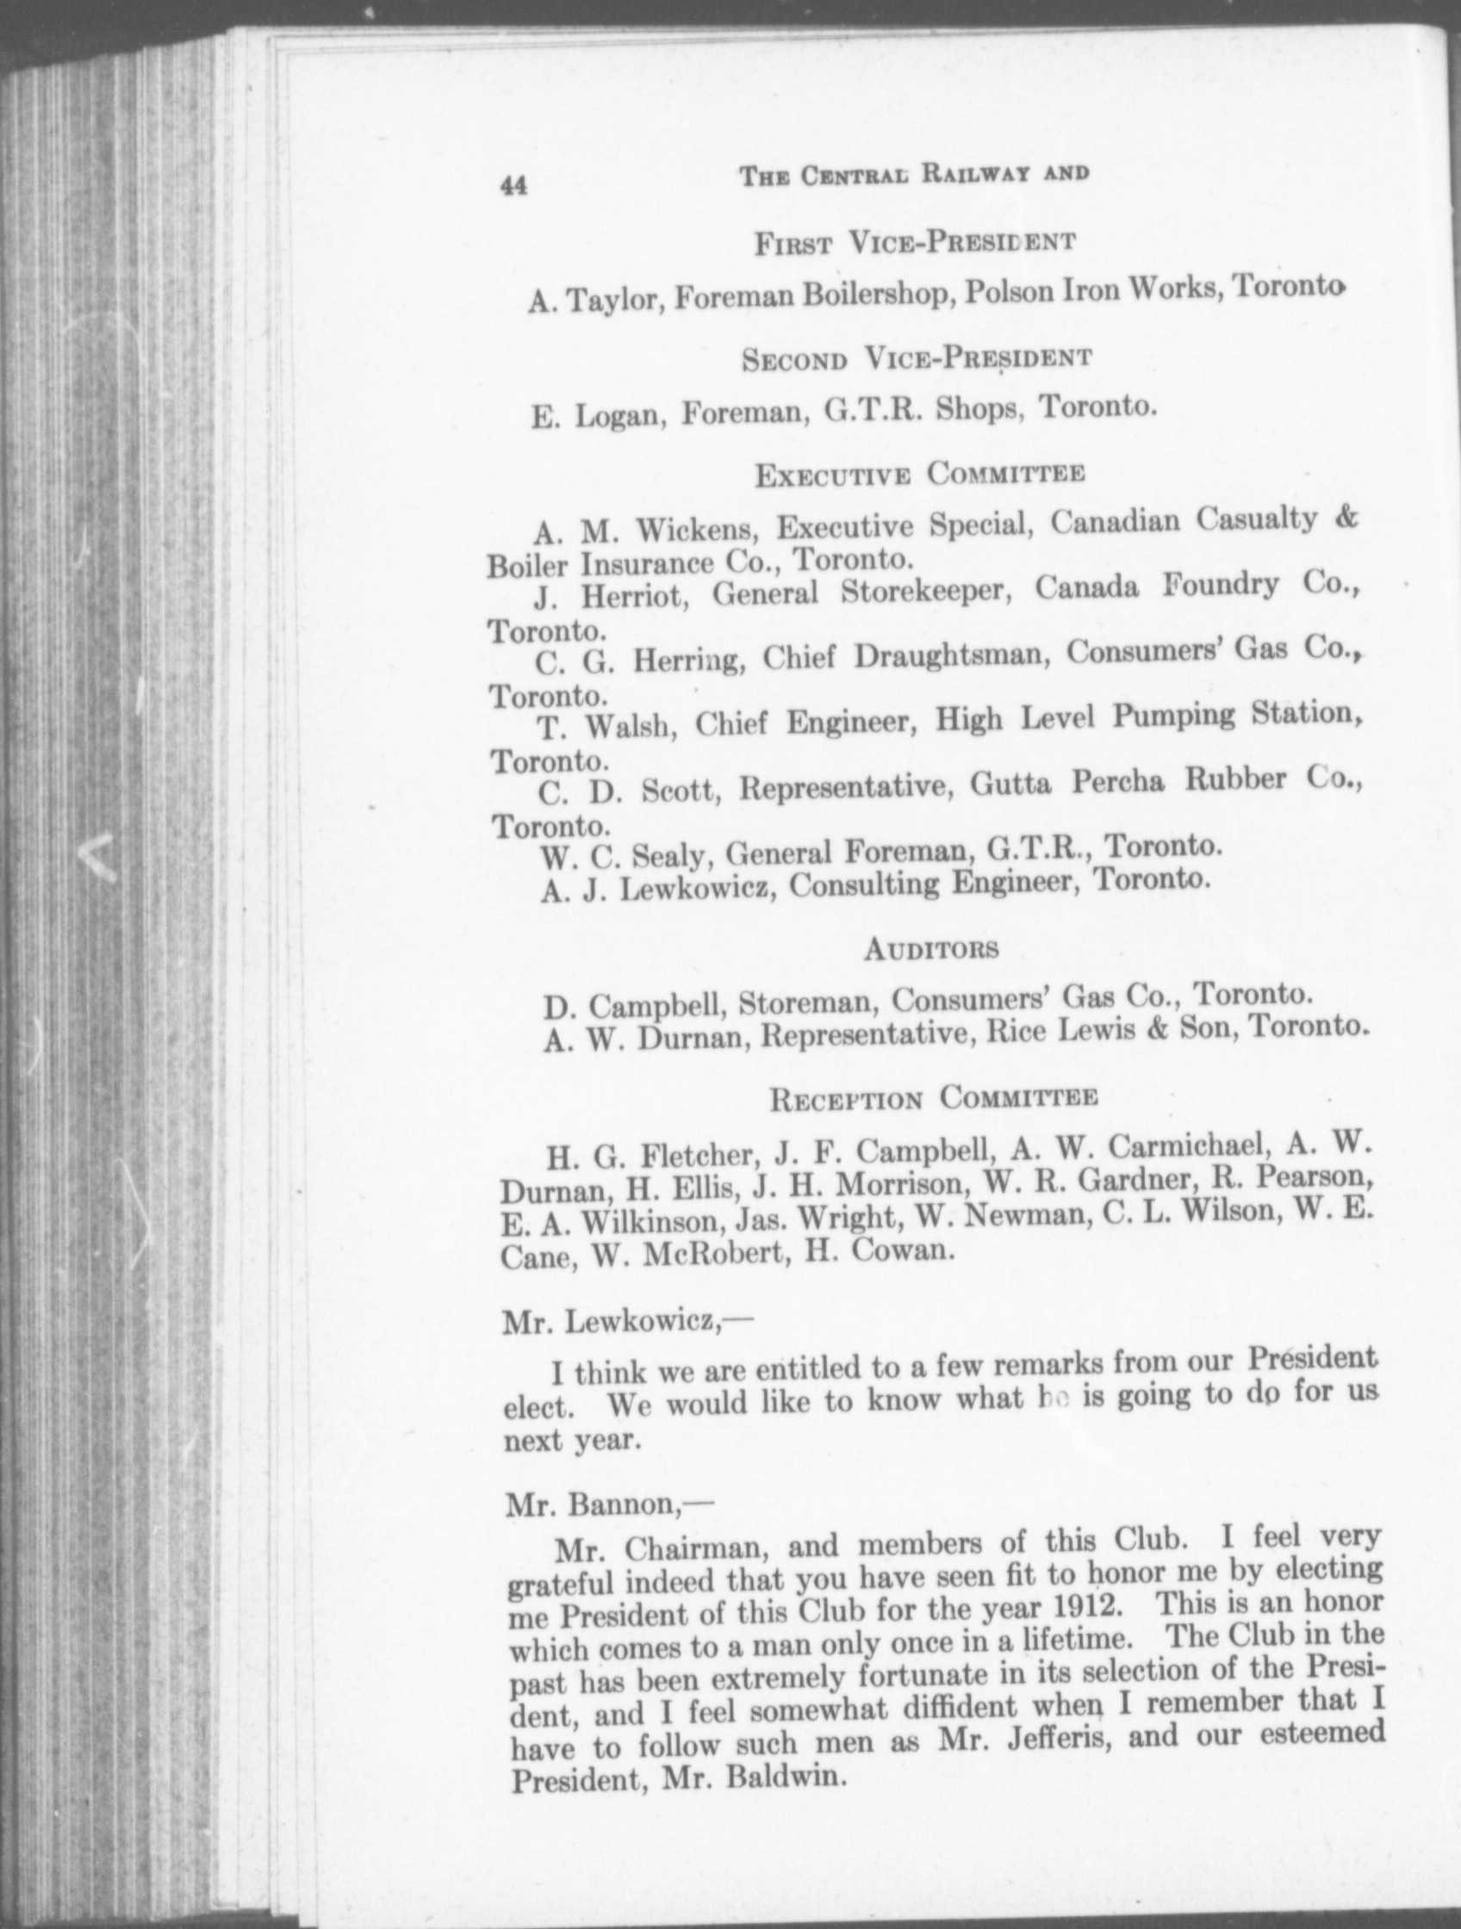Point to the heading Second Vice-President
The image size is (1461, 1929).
(x=917, y=357)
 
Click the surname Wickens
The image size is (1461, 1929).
(x=697, y=530)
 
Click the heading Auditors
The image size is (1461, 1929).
(x=930, y=950)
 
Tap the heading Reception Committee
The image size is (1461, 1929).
(x=932, y=1098)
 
